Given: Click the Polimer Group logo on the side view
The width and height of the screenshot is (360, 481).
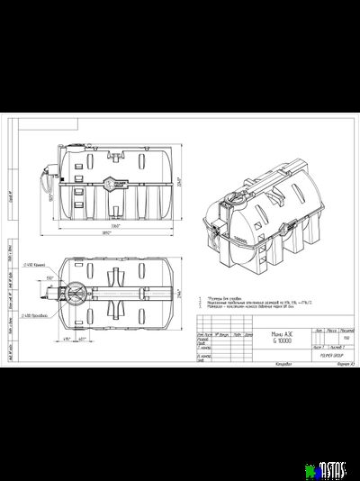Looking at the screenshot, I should click(x=116, y=180).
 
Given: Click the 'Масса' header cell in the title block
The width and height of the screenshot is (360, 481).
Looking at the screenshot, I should click(x=331, y=330).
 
